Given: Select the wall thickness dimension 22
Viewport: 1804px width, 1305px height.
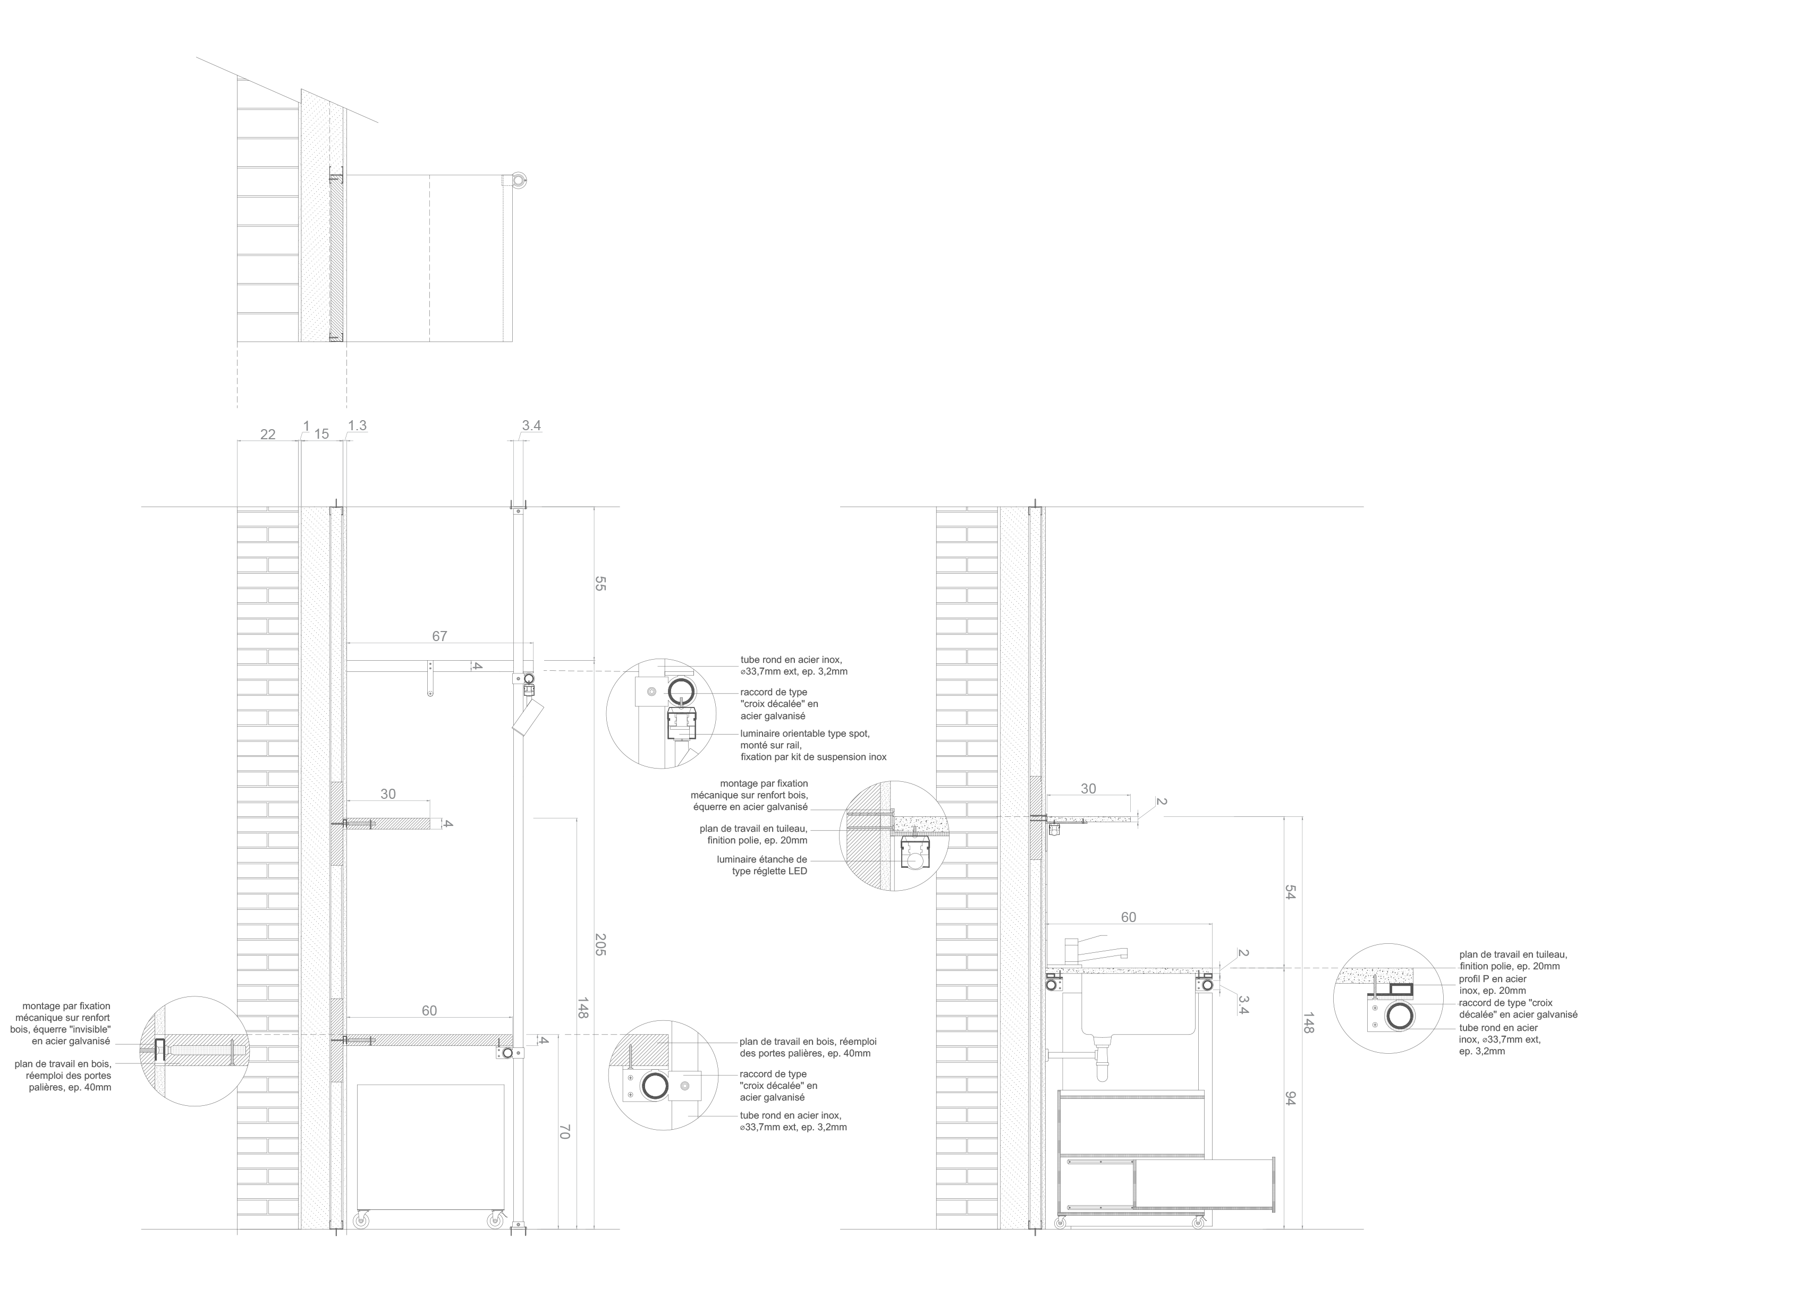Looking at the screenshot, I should click(268, 434).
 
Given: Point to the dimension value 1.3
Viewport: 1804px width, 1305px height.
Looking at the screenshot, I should click(358, 425).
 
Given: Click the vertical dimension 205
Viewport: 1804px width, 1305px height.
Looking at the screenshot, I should click(600, 945).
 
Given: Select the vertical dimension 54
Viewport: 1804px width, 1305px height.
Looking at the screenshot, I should click(1290, 892).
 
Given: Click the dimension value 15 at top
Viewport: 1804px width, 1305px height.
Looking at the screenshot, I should click(321, 434).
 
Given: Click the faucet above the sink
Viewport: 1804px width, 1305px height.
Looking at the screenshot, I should click(1094, 950).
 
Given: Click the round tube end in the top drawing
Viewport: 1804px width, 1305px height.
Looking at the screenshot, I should click(519, 181).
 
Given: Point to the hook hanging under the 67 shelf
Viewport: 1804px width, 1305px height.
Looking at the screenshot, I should click(430, 679).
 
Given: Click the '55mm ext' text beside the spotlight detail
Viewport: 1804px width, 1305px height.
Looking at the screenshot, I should click(793, 672).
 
